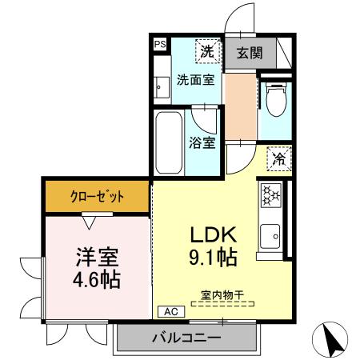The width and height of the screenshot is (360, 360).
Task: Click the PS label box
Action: tap(160, 45)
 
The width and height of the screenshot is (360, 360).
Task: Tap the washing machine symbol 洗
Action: tap(206, 51)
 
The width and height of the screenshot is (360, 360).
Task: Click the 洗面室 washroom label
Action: tap(194, 80)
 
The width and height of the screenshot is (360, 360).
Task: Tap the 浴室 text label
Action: tap(202, 144)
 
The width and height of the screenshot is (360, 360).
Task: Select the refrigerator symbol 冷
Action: tap(278, 159)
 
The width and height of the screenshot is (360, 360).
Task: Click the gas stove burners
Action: tap(270, 194)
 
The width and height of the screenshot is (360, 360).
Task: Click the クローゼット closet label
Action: tap(97, 195)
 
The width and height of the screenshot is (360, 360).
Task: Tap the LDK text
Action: tap(213, 236)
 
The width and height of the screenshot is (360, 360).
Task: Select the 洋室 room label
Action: tap(98, 258)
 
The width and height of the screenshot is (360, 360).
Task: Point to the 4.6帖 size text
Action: tap(98, 281)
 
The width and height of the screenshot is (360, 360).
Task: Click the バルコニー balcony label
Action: tap(186, 338)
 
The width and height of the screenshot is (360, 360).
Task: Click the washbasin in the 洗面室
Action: tap(161, 82)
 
